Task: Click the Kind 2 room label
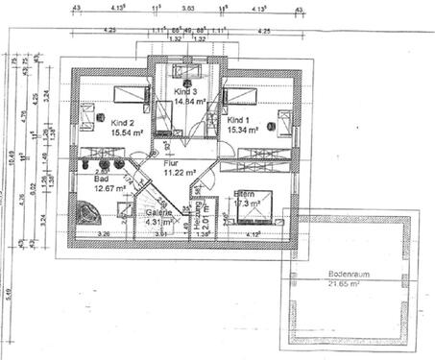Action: coord(123,124)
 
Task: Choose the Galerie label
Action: coord(159,213)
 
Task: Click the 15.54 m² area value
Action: coord(128,133)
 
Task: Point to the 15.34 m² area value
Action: coord(245,131)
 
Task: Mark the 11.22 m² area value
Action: coord(180,174)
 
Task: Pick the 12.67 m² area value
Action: coord(111,188)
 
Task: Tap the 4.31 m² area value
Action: coord(158,223)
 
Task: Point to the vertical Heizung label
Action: coord(196,215)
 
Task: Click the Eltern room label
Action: coord(247,193)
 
